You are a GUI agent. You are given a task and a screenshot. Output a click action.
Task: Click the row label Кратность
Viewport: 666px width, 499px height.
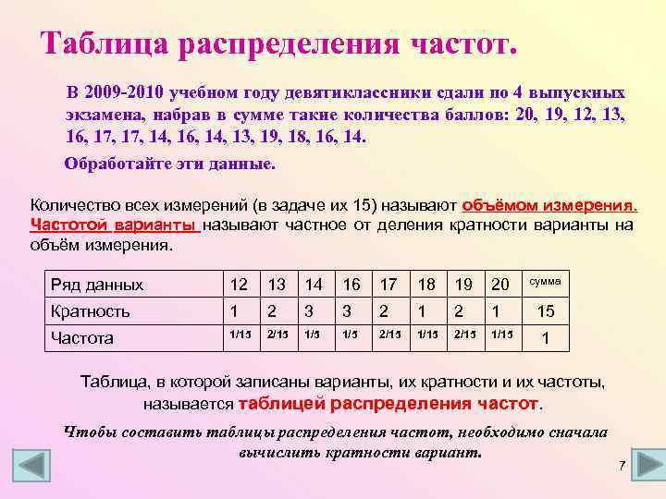point(90,310)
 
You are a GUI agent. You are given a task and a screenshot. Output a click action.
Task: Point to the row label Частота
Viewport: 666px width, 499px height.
point(82,337)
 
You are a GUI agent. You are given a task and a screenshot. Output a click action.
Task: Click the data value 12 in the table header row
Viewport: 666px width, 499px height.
point(239,285)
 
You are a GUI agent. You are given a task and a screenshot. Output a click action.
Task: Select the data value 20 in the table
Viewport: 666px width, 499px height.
point(500,285)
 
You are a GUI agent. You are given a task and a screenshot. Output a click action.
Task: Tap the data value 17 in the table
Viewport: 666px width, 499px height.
point(388,285)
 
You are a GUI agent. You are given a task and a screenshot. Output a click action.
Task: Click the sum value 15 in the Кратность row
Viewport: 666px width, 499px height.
point(547,311)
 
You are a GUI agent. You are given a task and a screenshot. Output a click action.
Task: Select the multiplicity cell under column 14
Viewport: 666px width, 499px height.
point(313,311)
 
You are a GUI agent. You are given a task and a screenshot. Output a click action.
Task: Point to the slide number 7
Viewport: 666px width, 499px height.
point(623,464)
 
